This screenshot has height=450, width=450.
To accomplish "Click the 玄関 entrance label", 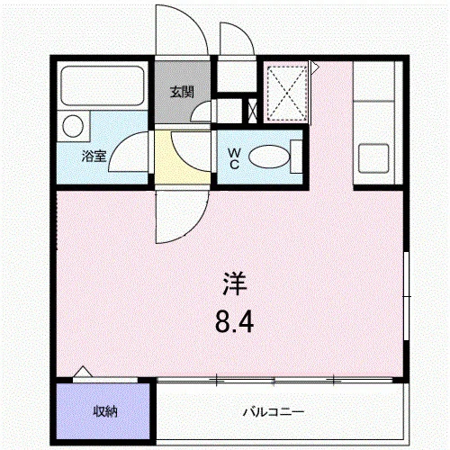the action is pyautogui.click(x=182, y=92).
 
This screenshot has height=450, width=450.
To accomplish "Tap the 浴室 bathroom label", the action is pyautogui.click(x=94, y=156).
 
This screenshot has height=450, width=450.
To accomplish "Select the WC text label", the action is pyautogui.click(x=234, y=159).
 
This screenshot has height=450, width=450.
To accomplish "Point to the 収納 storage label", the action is pyautogui.click(x=105, y=411).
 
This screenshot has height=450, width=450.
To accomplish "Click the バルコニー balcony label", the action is pyautogui.click(x=274, y=412).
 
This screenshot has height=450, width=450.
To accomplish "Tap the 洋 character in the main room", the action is pyautogui.click(x=235, y=283).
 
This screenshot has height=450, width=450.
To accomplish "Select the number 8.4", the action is pyautogui.click(x=234, y=321).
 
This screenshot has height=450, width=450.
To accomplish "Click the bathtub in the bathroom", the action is pyautogui.click(x=103, y=85).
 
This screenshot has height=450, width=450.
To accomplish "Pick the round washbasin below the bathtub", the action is pyautogui.click(x=73, y=126).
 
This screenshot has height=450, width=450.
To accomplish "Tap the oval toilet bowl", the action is pyautogui.click(x=269, y=157).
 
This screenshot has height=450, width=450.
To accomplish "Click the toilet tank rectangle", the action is pyautogui.click(x=296, y=157).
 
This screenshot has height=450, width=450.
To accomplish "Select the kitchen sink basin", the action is pyautogui.click(x=373, y=158).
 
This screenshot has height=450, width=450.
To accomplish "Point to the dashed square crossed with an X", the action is pyautogui.click(x=287, y=94).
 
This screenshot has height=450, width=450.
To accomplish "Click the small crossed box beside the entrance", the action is pyautogui.click(x=253, y=111).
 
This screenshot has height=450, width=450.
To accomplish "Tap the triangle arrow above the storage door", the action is pyautogui.click(x=83, y=372).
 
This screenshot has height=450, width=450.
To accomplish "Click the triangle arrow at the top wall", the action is pyautogui.click(x=315, y=67).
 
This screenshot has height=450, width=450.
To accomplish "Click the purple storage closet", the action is pyautogui.click(x=103, y=411).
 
